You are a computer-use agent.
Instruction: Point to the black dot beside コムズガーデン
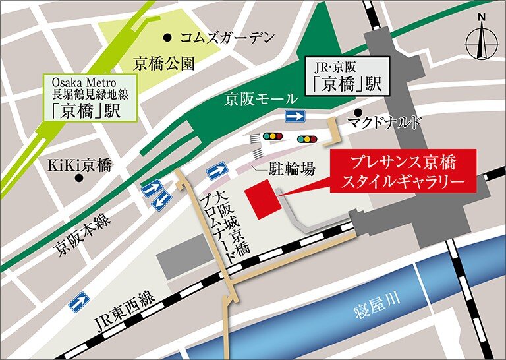[170, 37]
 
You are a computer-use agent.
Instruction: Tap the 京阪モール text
[253, 100]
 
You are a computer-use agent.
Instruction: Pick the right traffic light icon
[307, 139]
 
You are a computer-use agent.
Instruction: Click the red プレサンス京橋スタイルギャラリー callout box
[403, 171]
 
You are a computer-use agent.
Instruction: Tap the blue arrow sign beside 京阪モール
[295, 117]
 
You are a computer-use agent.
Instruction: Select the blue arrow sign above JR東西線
[79, 302]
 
